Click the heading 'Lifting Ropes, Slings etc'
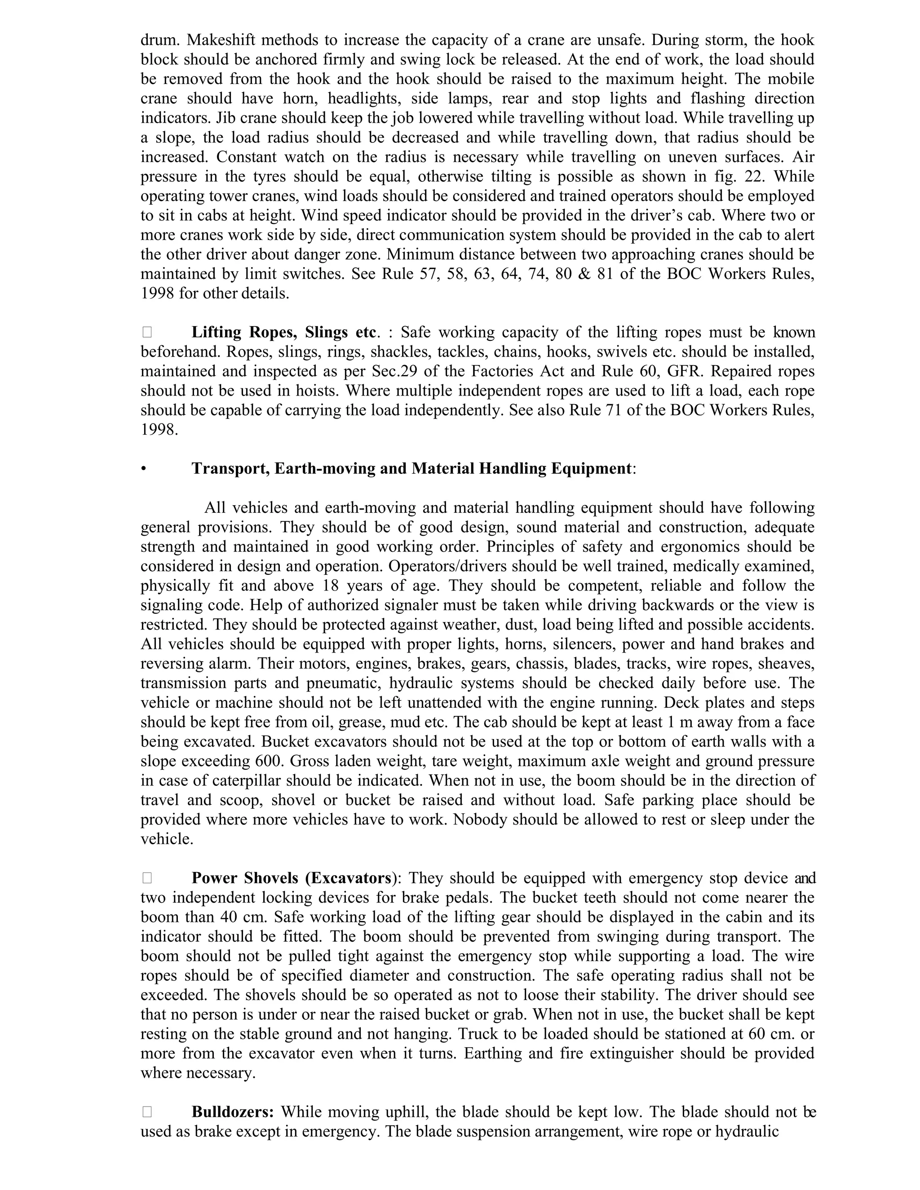(283, 332)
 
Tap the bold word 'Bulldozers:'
(233, 1111)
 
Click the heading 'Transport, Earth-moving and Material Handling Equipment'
(411, 468)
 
